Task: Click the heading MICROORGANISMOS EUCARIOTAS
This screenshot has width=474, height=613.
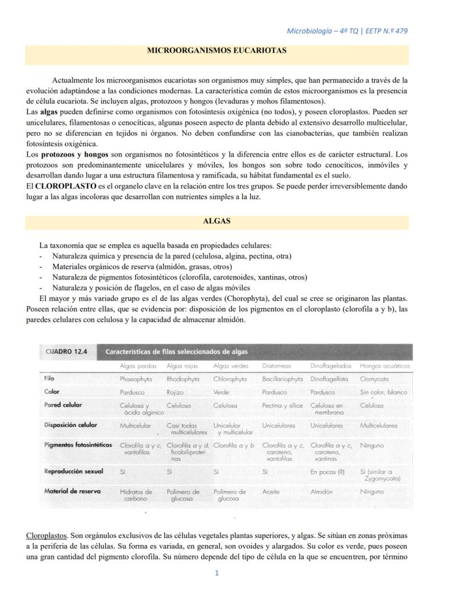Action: point(217,50)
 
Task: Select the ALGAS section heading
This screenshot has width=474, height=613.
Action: point(217,220)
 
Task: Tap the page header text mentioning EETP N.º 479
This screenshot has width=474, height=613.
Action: point(347,30)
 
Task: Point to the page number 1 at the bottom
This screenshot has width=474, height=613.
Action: point(217,572)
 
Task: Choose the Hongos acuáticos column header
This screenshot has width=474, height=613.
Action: point(385,366)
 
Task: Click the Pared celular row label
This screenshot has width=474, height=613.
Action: point(63,405)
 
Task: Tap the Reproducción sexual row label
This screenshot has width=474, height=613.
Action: point(74,471)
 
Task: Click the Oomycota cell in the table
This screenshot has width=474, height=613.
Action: point(374,379)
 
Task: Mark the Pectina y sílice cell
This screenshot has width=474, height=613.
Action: point(282,405)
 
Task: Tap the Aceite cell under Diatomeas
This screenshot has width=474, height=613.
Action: point(270,492)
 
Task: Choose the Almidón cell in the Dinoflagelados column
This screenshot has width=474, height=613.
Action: point(322,492)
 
